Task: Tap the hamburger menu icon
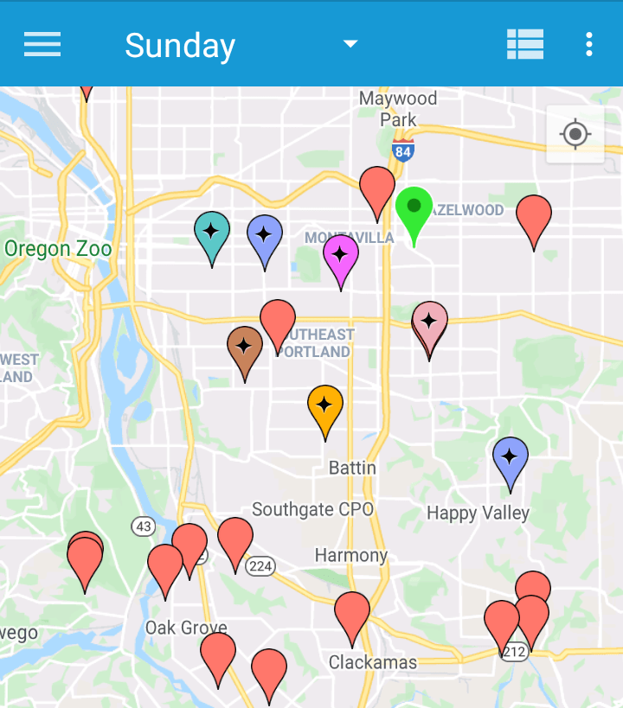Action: pos(42,44)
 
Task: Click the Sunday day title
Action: pos(180,46)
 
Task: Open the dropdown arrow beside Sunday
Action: pos(350,44)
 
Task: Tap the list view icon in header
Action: pos(525,44)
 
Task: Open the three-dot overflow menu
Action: pos(589,44)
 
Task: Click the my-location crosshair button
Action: pos(575,134)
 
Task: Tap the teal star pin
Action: pos(212,232)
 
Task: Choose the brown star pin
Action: pos(245,348)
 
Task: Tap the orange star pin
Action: pos(325,405)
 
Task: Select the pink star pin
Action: pos(429,322)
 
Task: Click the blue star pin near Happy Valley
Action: pos(511,457)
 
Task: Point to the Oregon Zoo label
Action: pos(58,250)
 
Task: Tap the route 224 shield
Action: pos(260,566)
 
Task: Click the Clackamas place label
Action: pos(373,663)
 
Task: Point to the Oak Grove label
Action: pos(186,628)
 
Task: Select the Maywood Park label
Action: pos(398,109)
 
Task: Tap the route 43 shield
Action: pos(144,526)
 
